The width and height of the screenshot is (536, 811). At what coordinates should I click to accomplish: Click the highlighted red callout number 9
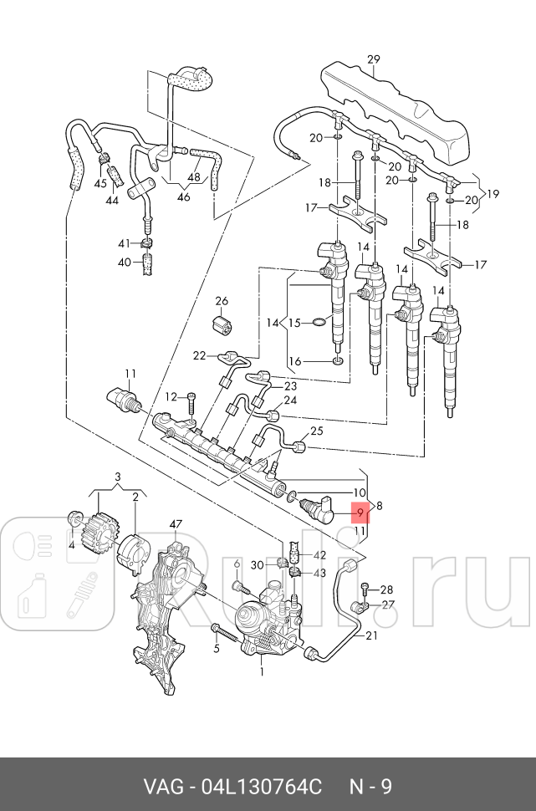[360, 512]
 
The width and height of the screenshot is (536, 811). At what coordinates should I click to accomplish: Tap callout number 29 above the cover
[374, 59]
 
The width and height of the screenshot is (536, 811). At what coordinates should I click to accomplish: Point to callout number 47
[176, 524]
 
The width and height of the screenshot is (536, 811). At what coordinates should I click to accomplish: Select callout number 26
[222, 301]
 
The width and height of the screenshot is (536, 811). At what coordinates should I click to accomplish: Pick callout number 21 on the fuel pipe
[370, 635]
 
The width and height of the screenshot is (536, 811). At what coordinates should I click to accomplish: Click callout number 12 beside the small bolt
[171, 396]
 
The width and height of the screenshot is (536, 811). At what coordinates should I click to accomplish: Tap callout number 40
[124, 263]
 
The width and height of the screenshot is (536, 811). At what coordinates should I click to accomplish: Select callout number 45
[100, 183]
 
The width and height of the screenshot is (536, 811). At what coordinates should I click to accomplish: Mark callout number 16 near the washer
[294, 360]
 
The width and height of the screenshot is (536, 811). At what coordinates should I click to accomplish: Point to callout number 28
[386, 589]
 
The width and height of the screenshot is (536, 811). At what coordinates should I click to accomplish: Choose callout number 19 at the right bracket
[493, 194]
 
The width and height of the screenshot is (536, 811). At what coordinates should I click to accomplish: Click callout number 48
[193, 177]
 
